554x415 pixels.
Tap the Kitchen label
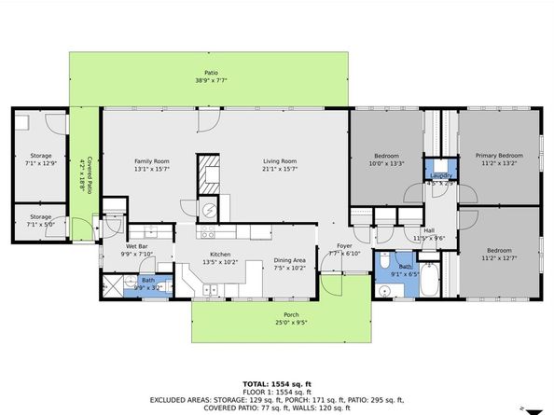[220, 254]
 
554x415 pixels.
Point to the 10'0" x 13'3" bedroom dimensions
[386, 164]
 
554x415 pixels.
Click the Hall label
[429, 230]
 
